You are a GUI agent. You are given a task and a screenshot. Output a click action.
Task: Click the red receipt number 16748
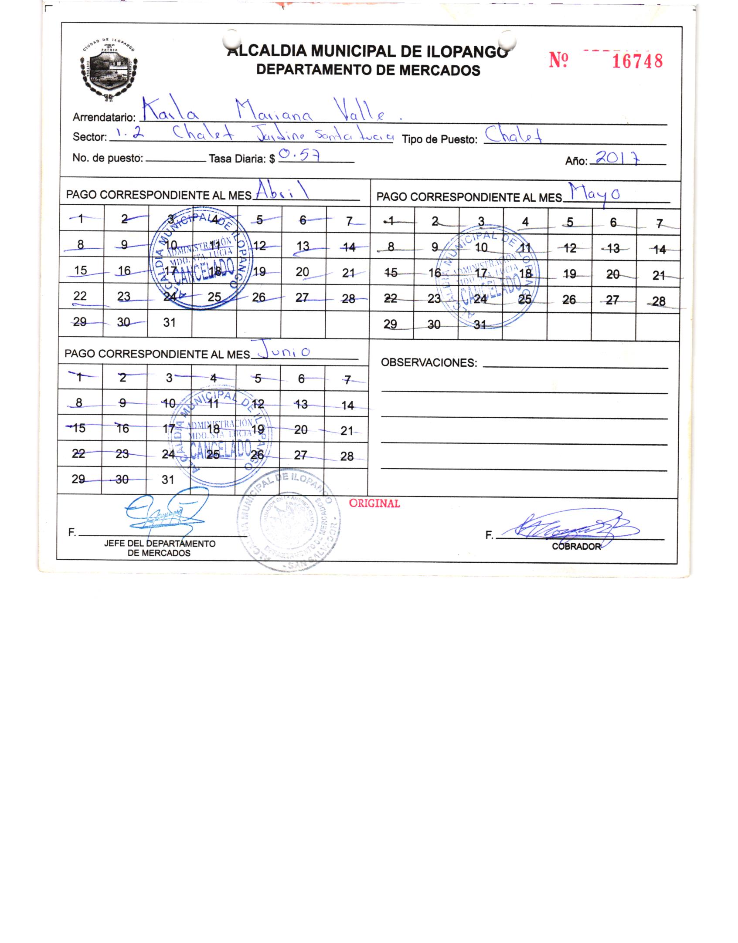pos(637,61)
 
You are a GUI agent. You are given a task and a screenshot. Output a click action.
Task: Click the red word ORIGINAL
pos(374,503)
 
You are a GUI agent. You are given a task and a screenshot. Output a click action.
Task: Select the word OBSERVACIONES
pos(429,363)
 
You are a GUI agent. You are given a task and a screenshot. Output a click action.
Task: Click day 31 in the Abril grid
pos(169,322)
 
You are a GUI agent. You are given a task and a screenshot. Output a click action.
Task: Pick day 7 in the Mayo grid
pos(659,223)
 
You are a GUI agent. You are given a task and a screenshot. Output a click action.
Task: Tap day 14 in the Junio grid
pos(347,406)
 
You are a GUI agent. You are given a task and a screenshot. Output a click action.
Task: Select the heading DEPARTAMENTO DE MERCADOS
pos(368,70)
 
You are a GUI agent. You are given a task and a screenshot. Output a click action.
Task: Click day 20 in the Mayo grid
pos(612,274)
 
